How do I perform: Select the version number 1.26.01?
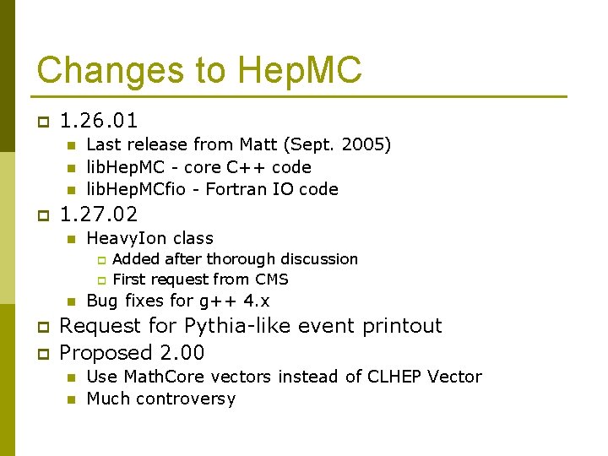point(99,121)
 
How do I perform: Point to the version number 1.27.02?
point(99,214)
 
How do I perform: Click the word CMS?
point(269,280)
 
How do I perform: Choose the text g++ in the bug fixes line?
point(216,301)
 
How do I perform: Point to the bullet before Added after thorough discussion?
point(100,260)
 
